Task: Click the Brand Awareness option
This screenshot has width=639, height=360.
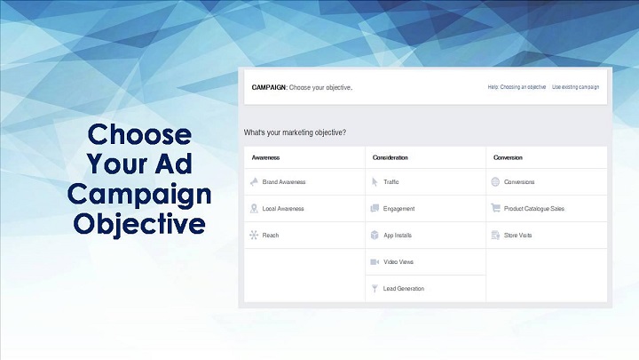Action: [284, 182]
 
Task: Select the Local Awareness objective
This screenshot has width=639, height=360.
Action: [283, 209]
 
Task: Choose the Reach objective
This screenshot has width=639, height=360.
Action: [270, 235]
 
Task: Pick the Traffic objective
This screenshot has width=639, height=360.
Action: [390, 182]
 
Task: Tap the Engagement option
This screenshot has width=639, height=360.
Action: [398, 209]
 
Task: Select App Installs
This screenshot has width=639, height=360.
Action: [398, 235]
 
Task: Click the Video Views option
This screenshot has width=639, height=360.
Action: [398, 261]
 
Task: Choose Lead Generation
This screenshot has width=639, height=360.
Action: [404, 289]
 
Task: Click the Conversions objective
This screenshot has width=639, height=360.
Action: [519, 182]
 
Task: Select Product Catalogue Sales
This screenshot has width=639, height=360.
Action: [534, 209]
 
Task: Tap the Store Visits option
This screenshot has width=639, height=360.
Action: [517, 235]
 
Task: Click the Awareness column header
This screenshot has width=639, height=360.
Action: [265, 157]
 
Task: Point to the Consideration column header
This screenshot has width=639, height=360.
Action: [390, 157]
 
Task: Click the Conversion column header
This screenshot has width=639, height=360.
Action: [508, 157]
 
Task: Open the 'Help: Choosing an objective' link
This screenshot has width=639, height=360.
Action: [517, 87]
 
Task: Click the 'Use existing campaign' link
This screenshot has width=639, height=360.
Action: [575, 87]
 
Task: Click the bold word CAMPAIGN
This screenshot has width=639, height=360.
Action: [269, 87]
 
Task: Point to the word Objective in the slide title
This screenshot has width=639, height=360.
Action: [139, 224]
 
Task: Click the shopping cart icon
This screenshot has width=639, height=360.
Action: [495, 208]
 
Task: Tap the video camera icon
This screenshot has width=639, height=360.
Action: [375, 261]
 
